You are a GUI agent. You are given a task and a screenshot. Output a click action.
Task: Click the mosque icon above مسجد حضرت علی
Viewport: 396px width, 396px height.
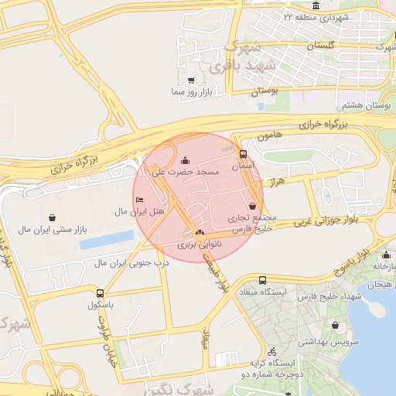[x=183, y=160]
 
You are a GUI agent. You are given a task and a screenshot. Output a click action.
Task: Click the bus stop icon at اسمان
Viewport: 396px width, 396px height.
[x=244, y=154]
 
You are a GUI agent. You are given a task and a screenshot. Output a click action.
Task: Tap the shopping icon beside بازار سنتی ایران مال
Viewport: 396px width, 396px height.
[x=51, y=217]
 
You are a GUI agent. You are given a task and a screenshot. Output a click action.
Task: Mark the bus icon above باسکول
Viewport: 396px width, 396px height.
[x=100, y=293]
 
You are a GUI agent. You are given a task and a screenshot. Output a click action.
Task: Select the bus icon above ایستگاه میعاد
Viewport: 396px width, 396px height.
[x=263, y=280]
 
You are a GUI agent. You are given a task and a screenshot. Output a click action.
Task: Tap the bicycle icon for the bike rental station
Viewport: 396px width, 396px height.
[x=271, y=350]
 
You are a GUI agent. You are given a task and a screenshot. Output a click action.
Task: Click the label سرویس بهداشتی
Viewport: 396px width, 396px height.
[x=332, y=341]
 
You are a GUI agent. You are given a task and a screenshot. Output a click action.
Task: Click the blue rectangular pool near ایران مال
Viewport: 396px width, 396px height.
[x=107, y=240]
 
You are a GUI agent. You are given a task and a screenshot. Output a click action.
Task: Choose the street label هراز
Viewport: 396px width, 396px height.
[x=277, y=179]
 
